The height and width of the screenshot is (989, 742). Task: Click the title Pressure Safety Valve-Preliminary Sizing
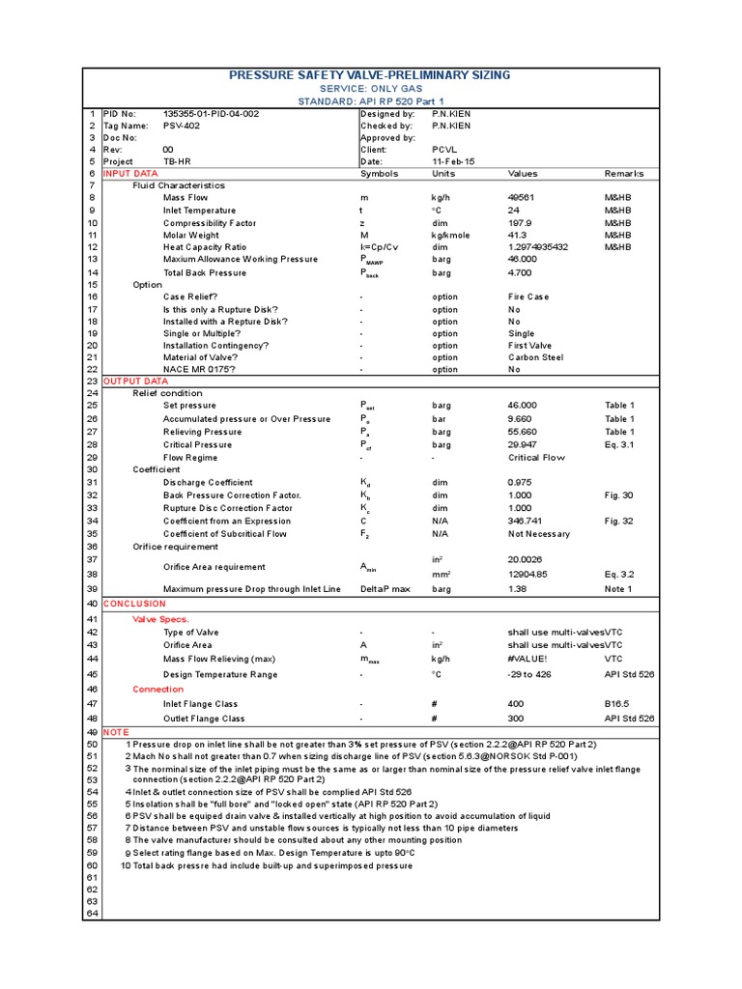(x=370, y=75)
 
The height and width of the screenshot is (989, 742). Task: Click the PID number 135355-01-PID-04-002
(x=211, y=113)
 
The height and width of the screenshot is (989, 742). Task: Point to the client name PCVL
(x=443, y=150)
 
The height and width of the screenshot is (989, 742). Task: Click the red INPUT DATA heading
(x=130, y=174)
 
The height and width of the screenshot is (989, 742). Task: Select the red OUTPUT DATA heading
(x=135, y=381)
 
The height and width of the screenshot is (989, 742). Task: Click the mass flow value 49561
(x=522, y=197)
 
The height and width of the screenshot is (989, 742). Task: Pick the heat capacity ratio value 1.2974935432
(x=538, y=247)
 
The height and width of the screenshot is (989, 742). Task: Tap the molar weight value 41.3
(x=517, y=235)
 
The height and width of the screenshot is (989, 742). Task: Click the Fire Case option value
(x=528, y=297)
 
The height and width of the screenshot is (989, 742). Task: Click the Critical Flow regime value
(x=536, y=458)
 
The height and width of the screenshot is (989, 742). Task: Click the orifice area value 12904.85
(x=528, y=574)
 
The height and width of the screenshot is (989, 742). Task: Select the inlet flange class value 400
(x=516, y=704)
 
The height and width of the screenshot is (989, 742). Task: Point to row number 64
(x=92, y=914)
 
